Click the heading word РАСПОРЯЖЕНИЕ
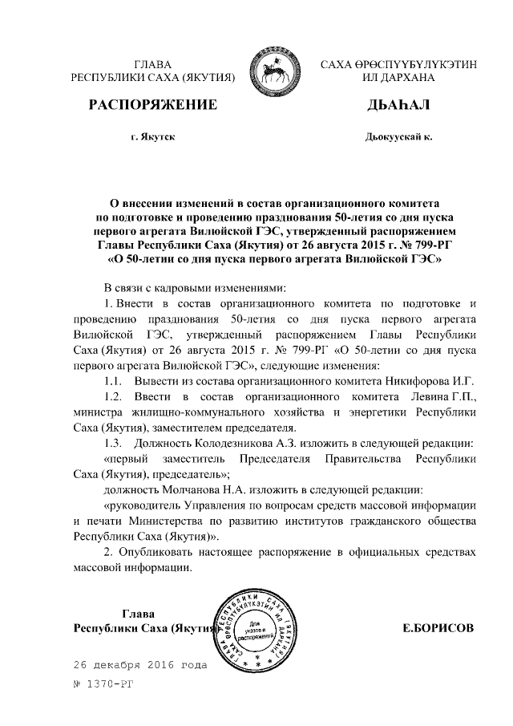point(152,106)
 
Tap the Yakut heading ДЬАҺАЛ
point(398,106)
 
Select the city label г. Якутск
point(152,137)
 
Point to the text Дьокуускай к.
point(398,137)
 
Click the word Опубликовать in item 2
point(160,552)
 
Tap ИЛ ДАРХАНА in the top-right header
point(398,79)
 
